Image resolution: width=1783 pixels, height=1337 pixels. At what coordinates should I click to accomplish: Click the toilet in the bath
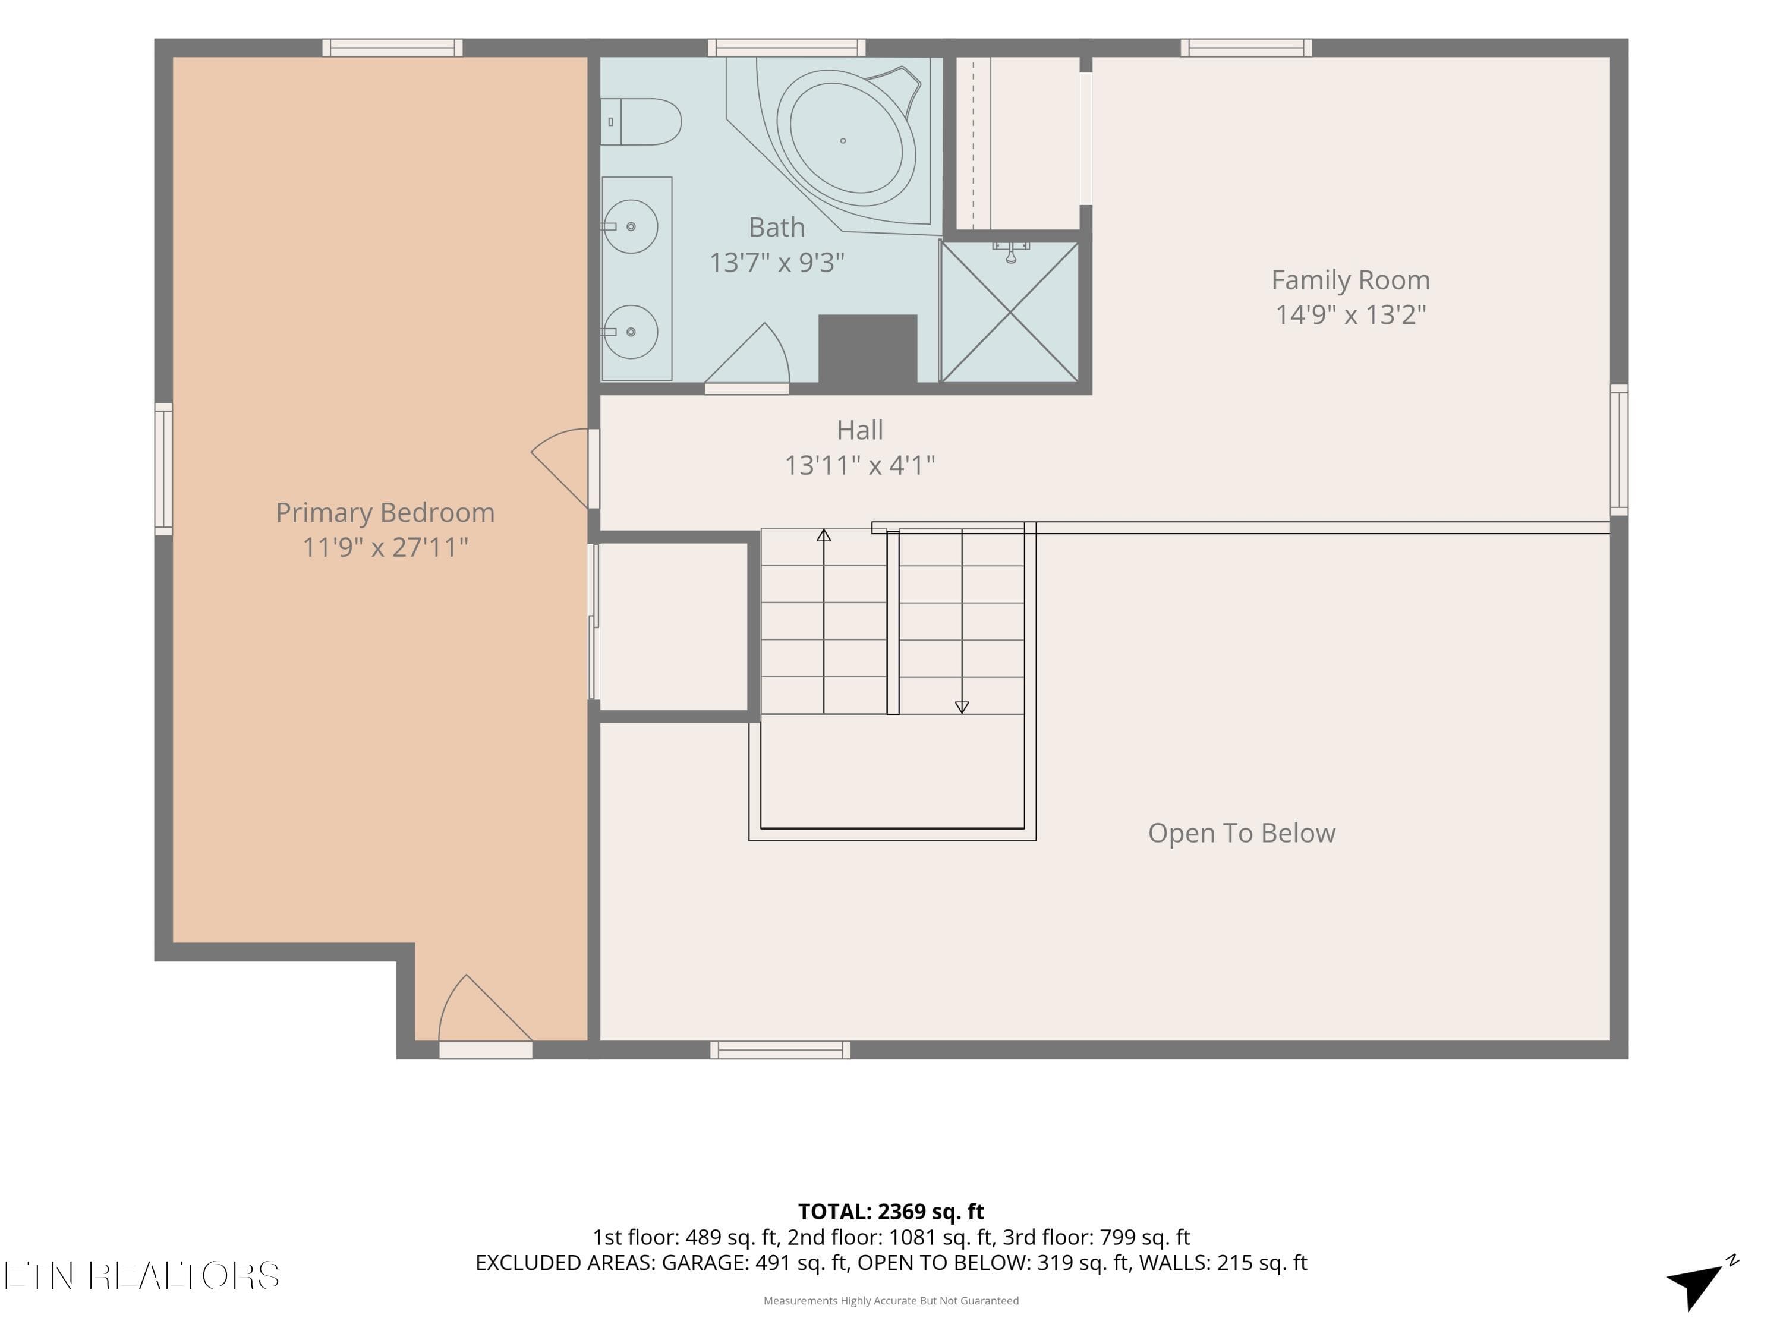click(641, 122)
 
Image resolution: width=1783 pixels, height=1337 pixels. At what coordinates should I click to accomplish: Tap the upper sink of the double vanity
click(631, 226)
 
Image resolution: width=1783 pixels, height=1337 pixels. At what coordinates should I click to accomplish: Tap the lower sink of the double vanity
click(631, 331)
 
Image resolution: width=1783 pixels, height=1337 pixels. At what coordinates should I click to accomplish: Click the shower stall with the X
click(1009, 312)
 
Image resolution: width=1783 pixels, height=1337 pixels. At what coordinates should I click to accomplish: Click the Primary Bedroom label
click(385, 513)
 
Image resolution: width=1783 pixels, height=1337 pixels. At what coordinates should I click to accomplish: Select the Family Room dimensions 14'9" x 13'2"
click(1351, 314)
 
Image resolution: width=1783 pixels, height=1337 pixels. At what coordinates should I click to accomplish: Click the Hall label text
click(860, 430)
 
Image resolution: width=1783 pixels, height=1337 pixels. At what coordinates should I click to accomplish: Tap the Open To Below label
click(1242, 833)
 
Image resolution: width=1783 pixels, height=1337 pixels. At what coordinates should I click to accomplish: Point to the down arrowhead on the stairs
click(962, 707)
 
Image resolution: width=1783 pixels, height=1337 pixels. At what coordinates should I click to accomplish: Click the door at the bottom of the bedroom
click(485, 1016)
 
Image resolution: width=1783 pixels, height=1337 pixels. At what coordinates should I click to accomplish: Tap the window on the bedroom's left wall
click(163, 469)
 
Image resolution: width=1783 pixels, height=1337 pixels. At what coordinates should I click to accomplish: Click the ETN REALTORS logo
click(143, 1276)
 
